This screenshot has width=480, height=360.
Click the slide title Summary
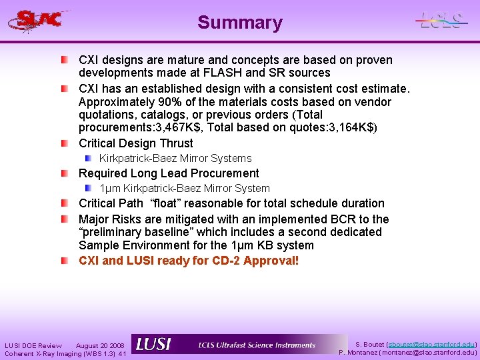coord(240,23)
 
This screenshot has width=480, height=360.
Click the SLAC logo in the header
coord(39,21)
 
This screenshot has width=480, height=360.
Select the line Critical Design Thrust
coord(136,143)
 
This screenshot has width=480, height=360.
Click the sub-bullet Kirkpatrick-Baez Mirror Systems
coord(175,159)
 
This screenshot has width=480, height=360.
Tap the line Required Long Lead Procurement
coord(169,173)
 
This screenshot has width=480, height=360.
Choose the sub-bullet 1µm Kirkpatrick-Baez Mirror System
coord(185,189)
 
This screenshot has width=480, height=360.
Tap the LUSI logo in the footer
coord(153,345)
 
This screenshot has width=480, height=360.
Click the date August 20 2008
coord(100,345)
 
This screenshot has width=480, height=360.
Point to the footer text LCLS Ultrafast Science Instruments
coord(257,345)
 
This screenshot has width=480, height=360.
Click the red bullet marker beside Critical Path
coord(63,203)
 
